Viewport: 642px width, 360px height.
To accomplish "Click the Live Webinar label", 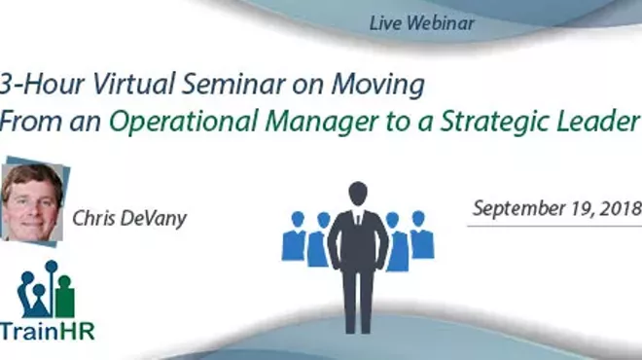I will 422,22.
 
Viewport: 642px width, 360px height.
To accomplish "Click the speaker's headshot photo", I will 32,200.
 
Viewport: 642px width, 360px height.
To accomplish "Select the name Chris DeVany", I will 127,219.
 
